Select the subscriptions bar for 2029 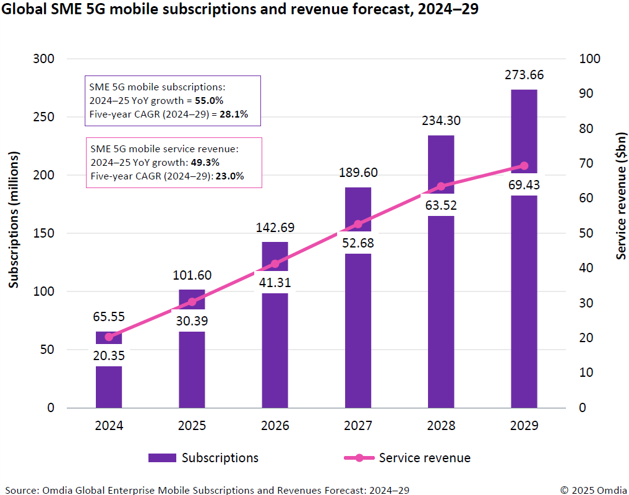coord(524,297)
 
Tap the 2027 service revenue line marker coord(358,224)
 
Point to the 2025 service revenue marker coord(192,302)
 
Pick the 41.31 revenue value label coord(275,283)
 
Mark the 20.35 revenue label coord(109,355)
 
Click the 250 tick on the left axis coord(43,117)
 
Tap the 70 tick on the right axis coord(586,163)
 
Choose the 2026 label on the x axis coord(275,426)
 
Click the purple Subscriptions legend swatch coord(162,458)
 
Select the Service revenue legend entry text coord(424,458)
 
